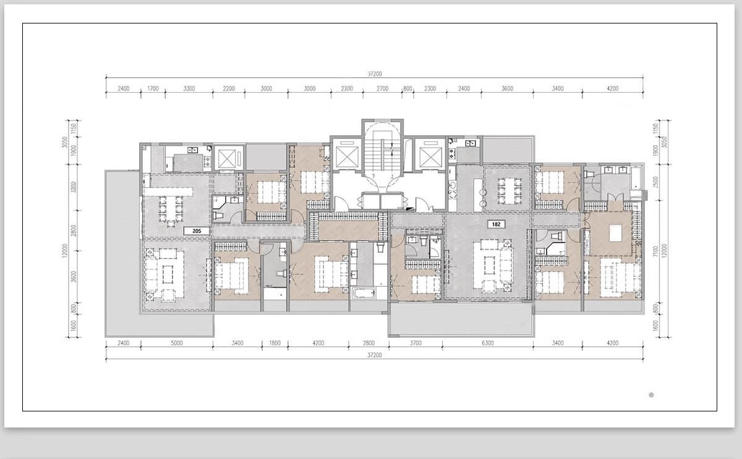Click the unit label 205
click(x=197, y=230)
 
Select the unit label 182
click(x=496, y=224)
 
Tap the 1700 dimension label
click(x=153, y=89)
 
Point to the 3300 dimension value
click(x=189, y=89)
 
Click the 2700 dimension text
click(x=383, y=89)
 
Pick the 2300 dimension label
click(x=430, y=89)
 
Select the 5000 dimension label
click(x=177, y=343)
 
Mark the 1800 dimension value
click(x=275, y=343)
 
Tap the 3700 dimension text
click(x=417, y=343)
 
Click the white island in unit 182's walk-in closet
click(x=615, y=234)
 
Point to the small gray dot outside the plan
click(x=651, y=395)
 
